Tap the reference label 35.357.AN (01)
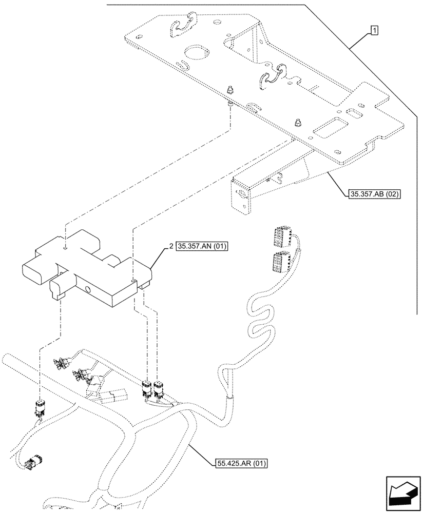tap(202, 247)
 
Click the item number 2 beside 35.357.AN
tap(170, 247)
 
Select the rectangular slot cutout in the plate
tap(330, 127)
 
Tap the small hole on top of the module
tap(66, 247)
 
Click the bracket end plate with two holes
tap(241, 195)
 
